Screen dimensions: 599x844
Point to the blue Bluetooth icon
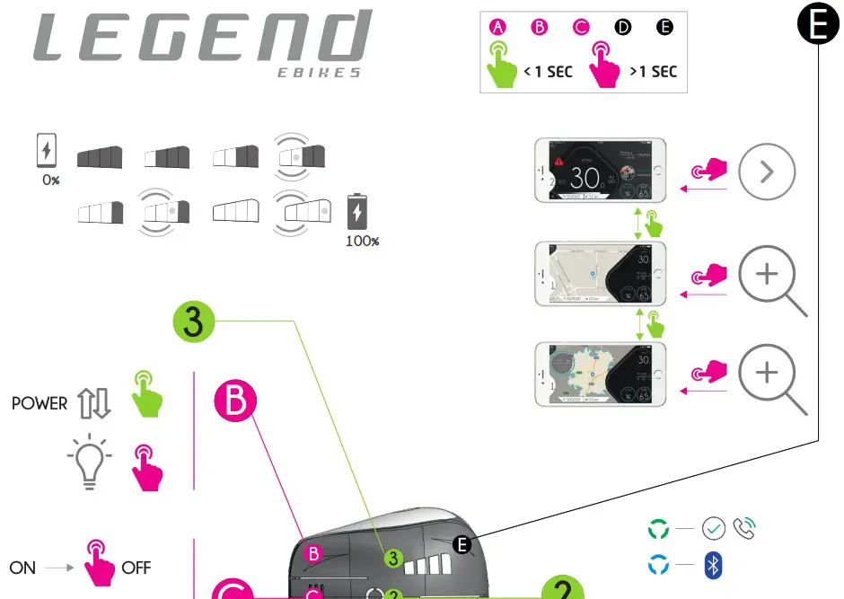715,566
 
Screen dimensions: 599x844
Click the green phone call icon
745,528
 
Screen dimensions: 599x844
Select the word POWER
40,404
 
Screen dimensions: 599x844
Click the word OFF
136,568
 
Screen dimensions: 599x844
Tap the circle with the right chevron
767,172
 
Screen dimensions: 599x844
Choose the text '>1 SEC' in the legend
653,72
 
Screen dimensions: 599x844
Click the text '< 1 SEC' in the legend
548,72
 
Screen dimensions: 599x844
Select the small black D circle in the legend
623,27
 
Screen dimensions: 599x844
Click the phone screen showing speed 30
600,170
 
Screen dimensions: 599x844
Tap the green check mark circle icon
714,528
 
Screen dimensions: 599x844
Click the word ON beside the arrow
22,568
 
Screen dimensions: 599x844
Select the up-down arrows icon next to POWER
94,404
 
